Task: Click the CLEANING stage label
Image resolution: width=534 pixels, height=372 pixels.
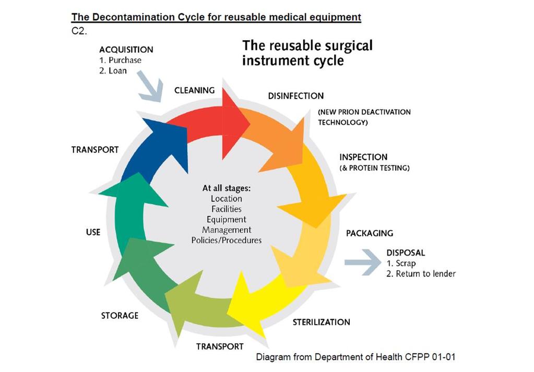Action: click(x=195, y=90)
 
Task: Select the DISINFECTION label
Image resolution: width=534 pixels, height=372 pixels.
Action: click(x=295, y=96)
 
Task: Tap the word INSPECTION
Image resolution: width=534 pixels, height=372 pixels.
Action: click(x=363, y=157)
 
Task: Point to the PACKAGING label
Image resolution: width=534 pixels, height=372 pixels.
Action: click(x=370, y=233)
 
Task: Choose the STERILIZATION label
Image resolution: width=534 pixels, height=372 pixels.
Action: click(x=321, y=322)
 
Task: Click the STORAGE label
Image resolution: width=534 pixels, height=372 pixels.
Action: click(x=120, y=316)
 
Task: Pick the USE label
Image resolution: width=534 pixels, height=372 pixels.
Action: click(x=93, y=232)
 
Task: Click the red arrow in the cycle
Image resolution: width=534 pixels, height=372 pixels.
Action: click(x=211, y=124)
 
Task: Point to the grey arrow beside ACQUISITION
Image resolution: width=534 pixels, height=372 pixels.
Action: click(x=150, y=86)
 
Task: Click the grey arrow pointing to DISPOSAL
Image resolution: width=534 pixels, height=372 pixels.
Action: click(x=363, y=262)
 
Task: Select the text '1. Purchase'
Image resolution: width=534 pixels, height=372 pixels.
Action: click(x=120, y=60)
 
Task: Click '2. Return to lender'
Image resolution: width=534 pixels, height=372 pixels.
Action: click(x=421, y=273)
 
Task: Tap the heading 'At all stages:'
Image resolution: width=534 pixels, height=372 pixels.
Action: click(x=226, y=188)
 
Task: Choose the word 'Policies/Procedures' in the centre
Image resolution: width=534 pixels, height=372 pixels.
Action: click(x=226, y=241)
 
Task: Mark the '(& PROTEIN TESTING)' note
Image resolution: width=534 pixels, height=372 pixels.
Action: click(x=374, y=168)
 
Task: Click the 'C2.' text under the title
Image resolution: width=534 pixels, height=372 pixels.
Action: click(x=79, y=31)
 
